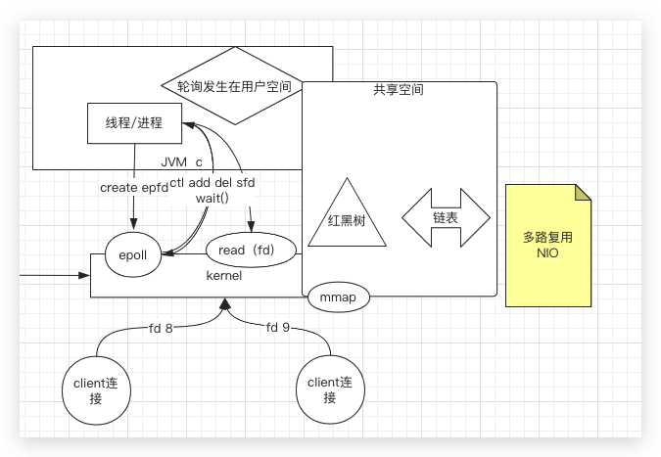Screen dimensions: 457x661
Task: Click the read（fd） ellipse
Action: [x=251, y=251]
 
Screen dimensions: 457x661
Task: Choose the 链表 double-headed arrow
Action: [x=446, y=217]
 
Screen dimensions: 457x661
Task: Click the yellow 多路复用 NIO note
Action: [x=548, y=245]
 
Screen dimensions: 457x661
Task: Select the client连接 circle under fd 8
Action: [x=96, y=389]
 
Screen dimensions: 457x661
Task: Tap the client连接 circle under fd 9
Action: [x=330, y=389]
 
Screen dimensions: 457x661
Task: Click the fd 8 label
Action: [x=162, y=328]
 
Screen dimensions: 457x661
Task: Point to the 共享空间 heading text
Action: [x=398, y=90]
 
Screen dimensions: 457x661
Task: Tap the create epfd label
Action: [x=133, y=186]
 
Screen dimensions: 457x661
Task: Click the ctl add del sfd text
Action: [x=212, y=183]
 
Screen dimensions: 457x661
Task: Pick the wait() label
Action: [x=212, y=198]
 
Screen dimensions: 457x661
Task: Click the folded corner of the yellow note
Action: [x=583, y=191]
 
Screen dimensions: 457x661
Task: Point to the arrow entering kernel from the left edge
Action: [x=49, y=275]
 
